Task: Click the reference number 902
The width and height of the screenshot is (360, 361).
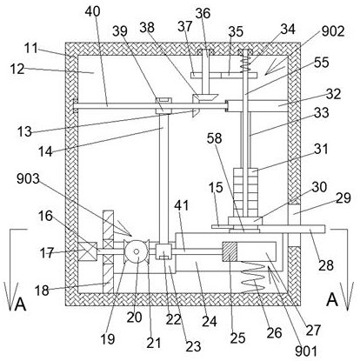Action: pyautogui.click(x=332, y=31)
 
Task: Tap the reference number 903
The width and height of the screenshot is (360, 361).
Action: pyautogui.click(x=28, y=178)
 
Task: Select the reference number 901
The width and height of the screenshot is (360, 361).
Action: pyautogui.click(x=306, y=351)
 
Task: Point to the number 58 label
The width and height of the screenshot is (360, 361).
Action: pyautogui.click(x=214, y=138)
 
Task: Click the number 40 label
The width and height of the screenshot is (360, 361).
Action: pyautogui.click(x=93, y=11)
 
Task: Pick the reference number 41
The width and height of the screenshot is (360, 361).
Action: pyautogui.click(x=182, y=205)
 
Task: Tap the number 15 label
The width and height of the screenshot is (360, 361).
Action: pyautogui.click(x=216, y=188)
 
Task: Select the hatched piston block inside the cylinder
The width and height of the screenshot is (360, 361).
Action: pyautogui.click(x=230, y=251)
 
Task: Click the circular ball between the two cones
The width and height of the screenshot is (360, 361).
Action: pyautogui.click(x=137, y=251)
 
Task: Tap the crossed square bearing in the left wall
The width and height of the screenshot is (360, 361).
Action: pyautogui.click(x=88, y=251)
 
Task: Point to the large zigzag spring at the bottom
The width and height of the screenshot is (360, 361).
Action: pyautogui.click(x=253, y=277)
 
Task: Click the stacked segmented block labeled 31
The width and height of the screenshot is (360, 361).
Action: pyautogui.click(x=245, y=192)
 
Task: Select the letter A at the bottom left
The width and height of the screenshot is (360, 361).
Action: pyautogui.click(x=20, y=304)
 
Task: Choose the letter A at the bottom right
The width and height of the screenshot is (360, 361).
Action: pyautogui.click(x=332, y=299)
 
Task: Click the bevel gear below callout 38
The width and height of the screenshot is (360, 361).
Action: pyautogui.click(x=205, y=98)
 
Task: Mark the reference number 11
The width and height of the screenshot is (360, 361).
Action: pyautogui.click(x=30, y=48)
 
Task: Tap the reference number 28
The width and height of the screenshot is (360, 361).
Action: pyautogui.click(x=326, y=265)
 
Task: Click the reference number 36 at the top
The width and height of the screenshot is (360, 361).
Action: pyautogui.click(x=203, y=13)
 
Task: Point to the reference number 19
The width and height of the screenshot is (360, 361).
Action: pyautogui.click(x=108, y=338)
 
